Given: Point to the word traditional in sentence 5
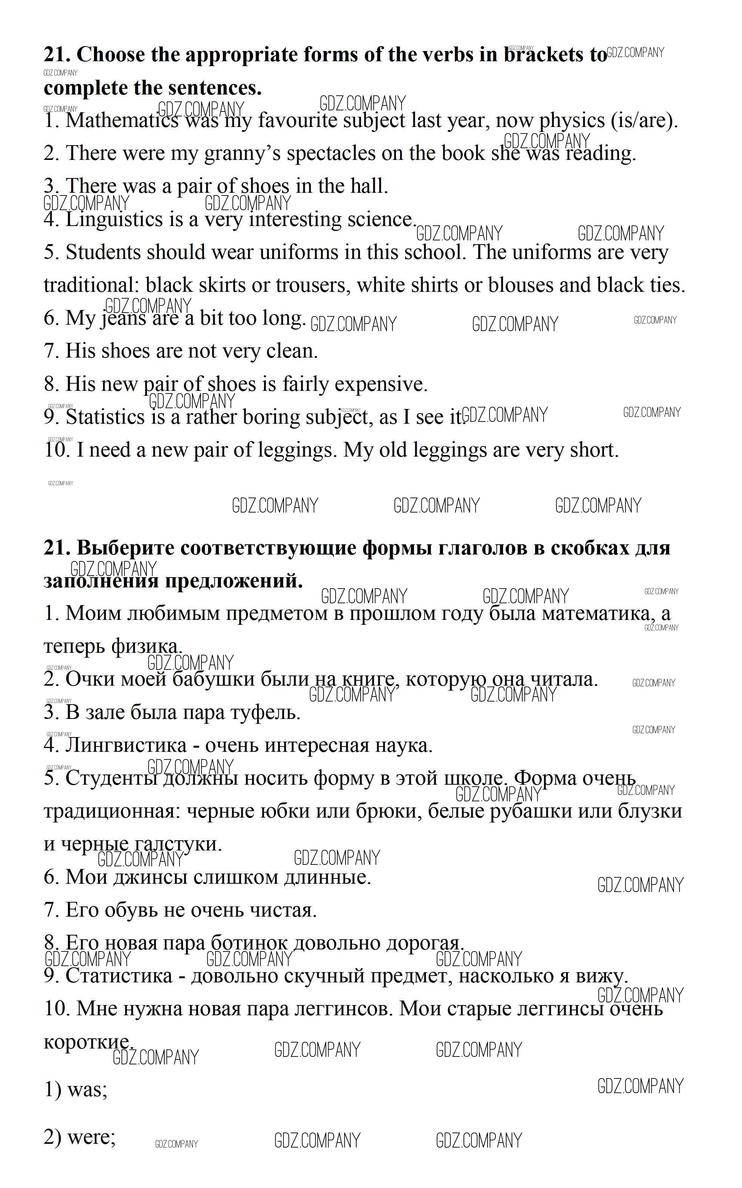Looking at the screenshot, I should click(x=92, y=285).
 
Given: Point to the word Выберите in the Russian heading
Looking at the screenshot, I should click(x=126, y=548).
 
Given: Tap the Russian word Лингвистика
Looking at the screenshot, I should click(x=126, y=745).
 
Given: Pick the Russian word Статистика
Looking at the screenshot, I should click(x=119, y=976).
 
